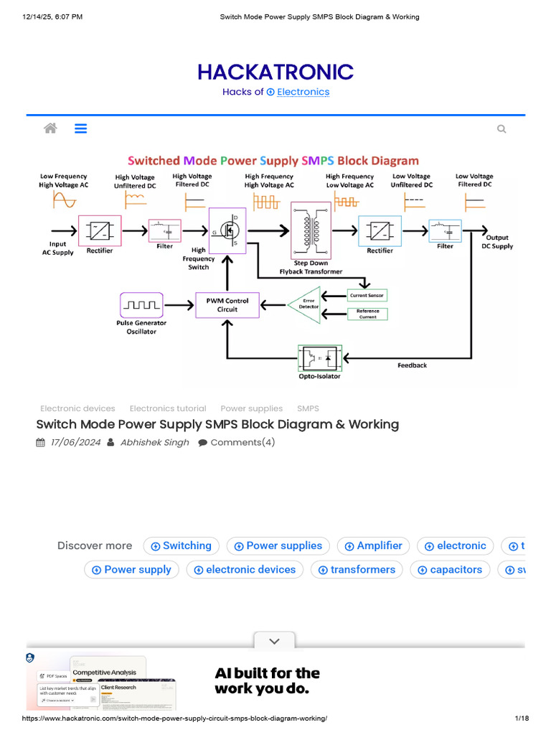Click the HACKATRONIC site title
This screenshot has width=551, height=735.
tap(275, 72)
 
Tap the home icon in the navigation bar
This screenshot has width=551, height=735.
tap(50, 128)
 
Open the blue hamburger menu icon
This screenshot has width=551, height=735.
tap(80, 128)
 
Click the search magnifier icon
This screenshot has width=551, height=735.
tap(501, 129)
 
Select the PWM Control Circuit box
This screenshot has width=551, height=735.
tap(227, 305)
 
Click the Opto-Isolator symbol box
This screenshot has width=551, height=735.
tap(320, 356)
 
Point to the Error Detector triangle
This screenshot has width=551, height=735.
tap(304, 304)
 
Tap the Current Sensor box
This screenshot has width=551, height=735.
tap(367, 295)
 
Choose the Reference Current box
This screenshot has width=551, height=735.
tap(367, 314)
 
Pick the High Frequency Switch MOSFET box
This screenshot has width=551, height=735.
tap(227, 230)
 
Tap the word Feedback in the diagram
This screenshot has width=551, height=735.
tap(412, 365)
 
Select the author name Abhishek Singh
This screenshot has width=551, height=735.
tap(154, 442)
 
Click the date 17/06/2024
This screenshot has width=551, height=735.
tap(75, 442)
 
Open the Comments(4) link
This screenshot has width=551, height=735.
tap(242, 442)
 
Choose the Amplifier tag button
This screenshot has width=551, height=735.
tap(373, 546)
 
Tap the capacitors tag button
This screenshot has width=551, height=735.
tap(450, 569)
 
